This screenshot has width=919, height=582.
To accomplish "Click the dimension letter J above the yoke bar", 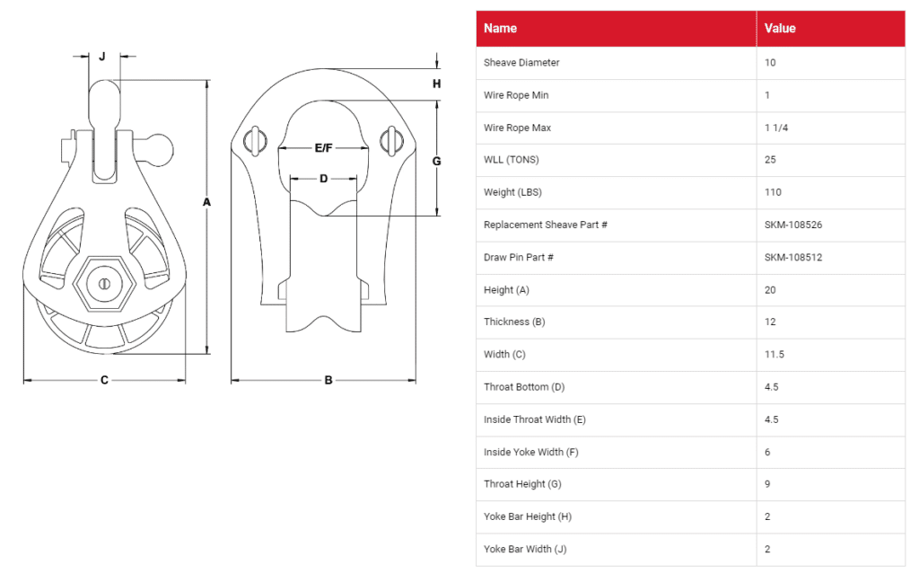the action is [x=102, y=57].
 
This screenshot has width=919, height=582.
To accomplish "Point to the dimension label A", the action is [x=206, y=202].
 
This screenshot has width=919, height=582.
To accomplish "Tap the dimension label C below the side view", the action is [x=104, y=380].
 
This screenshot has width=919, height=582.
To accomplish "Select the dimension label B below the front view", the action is [x=328, y=380].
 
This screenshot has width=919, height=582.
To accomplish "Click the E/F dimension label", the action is [x=323, y=148].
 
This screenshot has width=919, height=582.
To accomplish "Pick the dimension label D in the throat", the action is [x=323, y=179].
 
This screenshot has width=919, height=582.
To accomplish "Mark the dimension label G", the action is [x=437, y=162].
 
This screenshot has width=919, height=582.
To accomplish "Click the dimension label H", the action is [x=437, y=84].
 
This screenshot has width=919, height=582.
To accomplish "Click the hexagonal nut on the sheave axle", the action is [x=104, y=284].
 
